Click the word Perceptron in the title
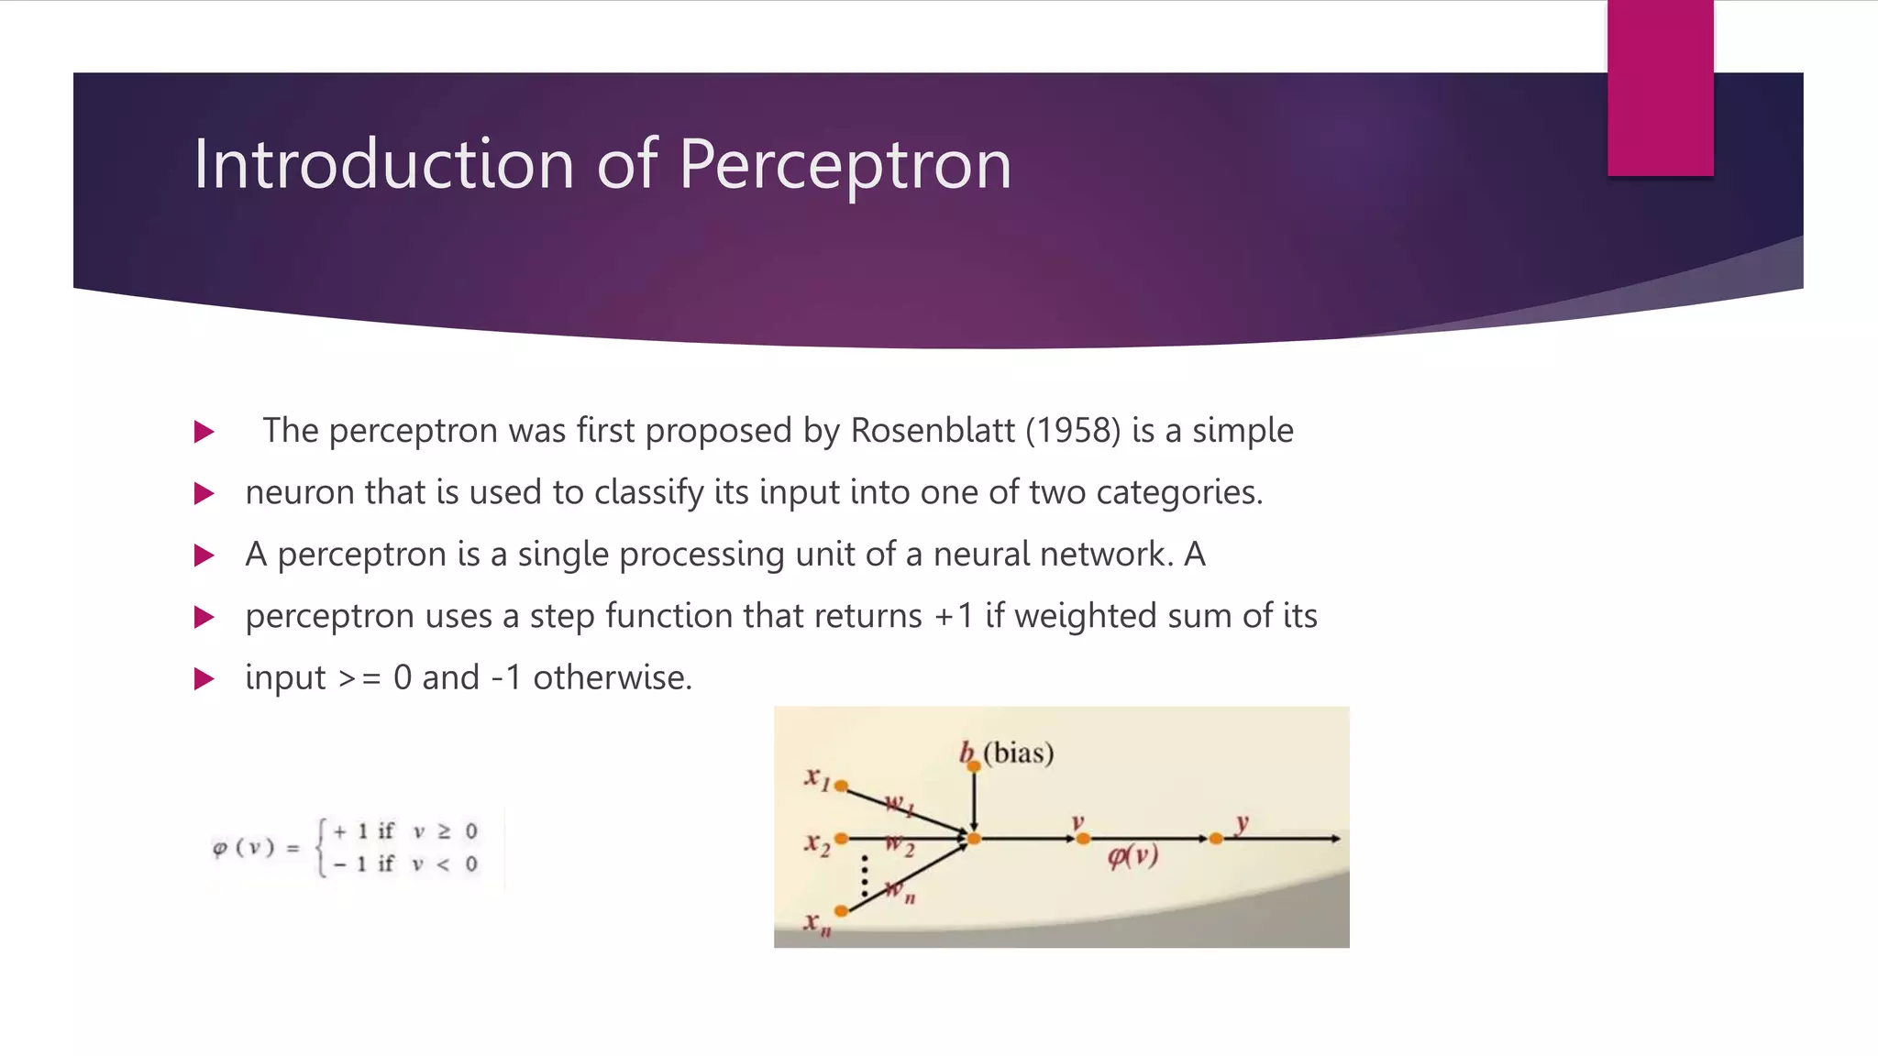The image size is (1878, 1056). point(845,165)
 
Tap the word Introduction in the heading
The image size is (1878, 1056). point(383,163)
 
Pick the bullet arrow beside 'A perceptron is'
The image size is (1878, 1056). point(204,555)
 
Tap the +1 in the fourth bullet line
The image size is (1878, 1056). point(953,616)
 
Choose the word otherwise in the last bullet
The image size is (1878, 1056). point(612,678)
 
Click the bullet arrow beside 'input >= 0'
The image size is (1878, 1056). point(204,679)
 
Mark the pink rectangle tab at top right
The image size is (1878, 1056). point(1660,88)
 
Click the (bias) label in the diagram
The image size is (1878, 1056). point(1018,753)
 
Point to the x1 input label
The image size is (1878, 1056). point(816,778)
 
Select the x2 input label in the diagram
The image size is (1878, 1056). point(816,842)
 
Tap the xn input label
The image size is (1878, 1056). point(817,922)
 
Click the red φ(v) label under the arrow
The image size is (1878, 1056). point(1132,856)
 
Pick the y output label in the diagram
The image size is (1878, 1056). point(1242,822)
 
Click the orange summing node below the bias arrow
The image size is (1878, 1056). point(974,839)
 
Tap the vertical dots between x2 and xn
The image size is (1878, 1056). point(865,876)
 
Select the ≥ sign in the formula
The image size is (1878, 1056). point(444,831)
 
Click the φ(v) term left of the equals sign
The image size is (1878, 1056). point(243,848)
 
